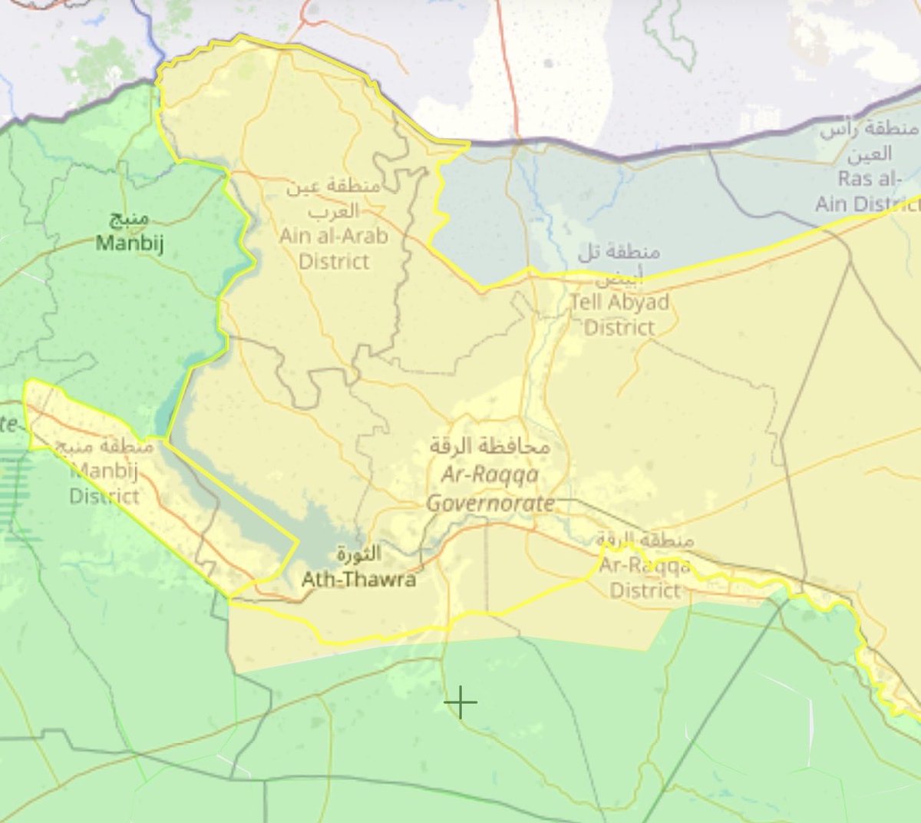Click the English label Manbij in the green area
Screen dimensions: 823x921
click(130, 243)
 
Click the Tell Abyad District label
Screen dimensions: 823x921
click(619, 314)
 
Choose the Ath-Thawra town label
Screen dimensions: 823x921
click(358, 579)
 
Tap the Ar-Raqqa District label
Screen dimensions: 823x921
click(645, 577)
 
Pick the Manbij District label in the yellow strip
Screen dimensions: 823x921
click(104, 484)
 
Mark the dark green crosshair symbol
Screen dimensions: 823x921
click(460, 702)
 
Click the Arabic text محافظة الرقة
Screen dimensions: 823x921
click(490, 445)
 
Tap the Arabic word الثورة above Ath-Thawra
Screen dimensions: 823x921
click(358, 554)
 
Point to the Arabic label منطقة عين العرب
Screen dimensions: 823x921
click(332, 197)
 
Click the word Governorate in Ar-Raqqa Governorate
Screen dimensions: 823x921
click(490, 504)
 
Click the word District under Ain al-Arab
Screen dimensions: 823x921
click(334, 261)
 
